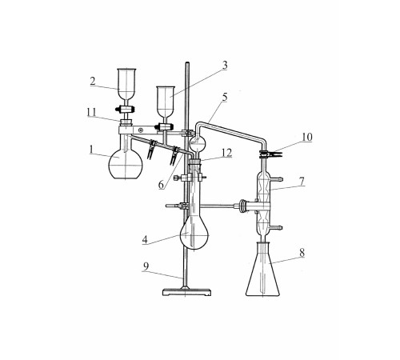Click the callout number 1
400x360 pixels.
point(91,150)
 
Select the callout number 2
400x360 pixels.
point(93,81)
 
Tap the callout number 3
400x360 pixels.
point(225,65)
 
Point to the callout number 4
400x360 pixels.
point(145,240)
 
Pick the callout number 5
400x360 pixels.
point(225,97)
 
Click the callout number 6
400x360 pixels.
point(161,185)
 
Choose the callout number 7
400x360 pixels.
point(302,182)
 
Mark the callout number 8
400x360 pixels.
point(302,253)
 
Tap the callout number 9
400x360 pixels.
point(146,266)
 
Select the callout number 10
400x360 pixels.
point(307,137)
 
